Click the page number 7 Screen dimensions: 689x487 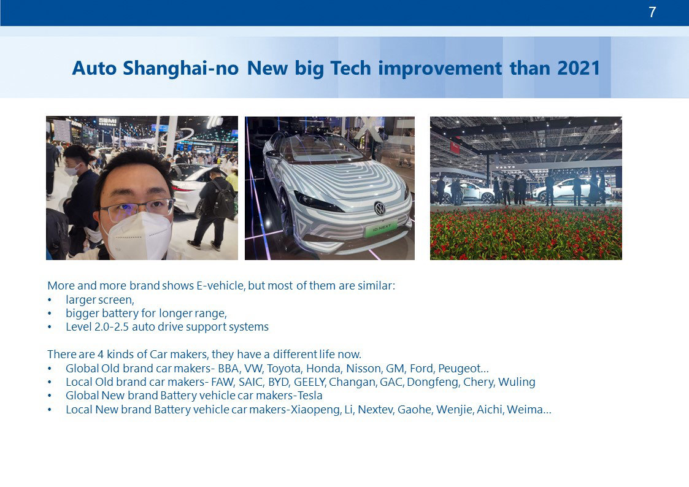pos(652,12)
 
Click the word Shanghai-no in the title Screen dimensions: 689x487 pos(180,69)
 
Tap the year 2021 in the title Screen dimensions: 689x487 pos(579,68)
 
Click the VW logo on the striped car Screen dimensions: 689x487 pos(380,208)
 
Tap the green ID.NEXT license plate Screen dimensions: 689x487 pos(381,228)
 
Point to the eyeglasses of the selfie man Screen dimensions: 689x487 pos(137,209)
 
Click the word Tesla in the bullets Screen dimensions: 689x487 pos(310,396)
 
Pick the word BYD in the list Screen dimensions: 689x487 pos(278,382)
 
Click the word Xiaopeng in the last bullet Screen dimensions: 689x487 pos(315,410)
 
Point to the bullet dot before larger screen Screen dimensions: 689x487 pos(50,301)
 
